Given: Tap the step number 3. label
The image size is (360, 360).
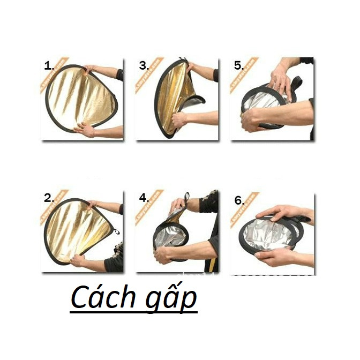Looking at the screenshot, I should pyautogui.click(x=144, y=66).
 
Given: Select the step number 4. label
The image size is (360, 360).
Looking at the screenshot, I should pyautogui.click(x=144, y=198).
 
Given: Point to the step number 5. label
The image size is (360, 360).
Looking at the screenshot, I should pyautogui.click(x=239, y=66).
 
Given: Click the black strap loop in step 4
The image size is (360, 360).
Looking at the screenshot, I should pyautogui.click(x=186, y=197).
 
